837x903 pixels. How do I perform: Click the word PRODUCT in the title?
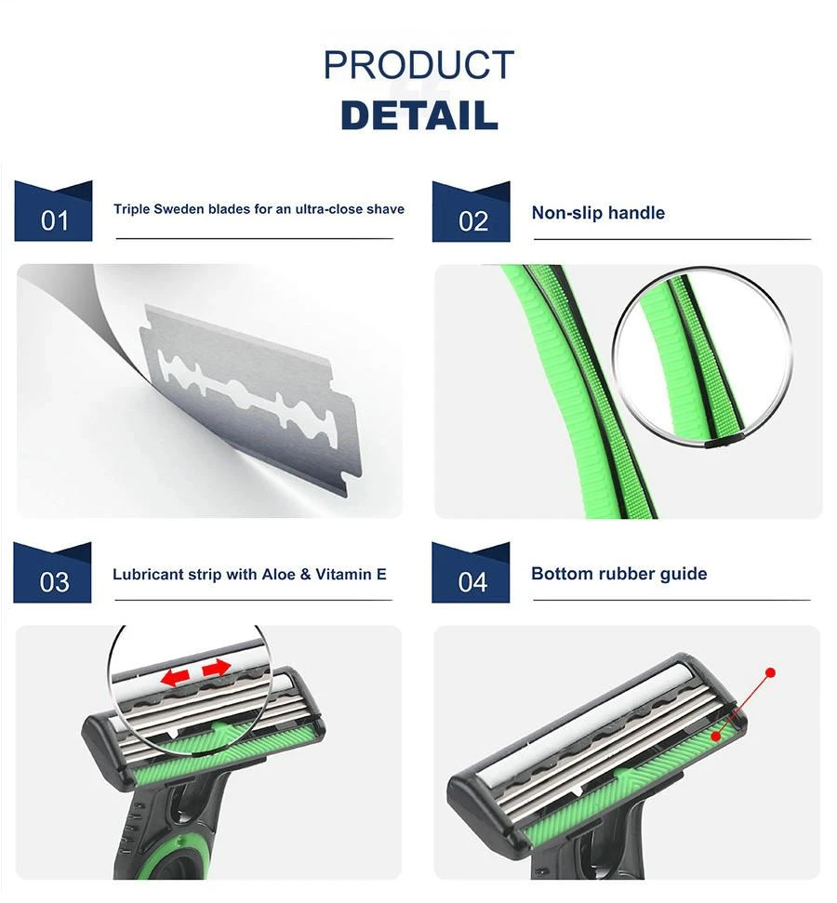tap(418, 65)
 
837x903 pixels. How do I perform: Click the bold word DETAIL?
tap(419, 115)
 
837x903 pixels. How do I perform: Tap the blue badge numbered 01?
tap(53, 211)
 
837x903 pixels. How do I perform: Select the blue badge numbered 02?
tap(472, 211)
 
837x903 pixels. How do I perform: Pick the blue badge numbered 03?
tap(52, 573)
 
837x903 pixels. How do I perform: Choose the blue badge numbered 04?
tap(471, 573)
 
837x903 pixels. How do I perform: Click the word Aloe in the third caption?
tap(278, 574)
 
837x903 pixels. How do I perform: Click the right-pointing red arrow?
tap(217, 668)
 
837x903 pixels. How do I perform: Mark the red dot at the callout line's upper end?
tap(770, 672)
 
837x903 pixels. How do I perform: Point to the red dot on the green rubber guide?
tap(716, 736)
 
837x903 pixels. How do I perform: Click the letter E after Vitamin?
tap(381, 574)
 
